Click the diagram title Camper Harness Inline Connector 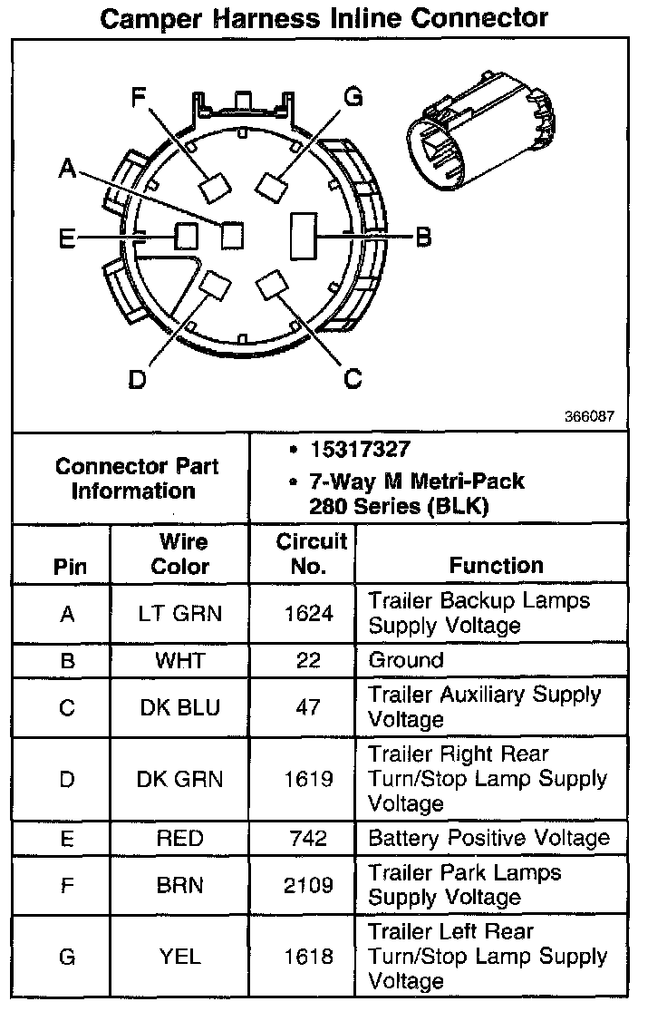[324, 17]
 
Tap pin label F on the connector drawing [138, 96]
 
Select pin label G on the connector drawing [353, 96]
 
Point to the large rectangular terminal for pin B [302, 238]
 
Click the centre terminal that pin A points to [233, 235]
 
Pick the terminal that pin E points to [187, 237]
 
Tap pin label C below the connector [353, 377]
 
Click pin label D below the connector [137, 379]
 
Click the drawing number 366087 [589, 418]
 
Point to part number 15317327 [360, 449]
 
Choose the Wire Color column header [179, 554]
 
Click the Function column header [496, 566]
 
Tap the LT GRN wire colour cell [179, 614]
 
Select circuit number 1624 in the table [308, 614]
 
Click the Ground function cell [406, 660]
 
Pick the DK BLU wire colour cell [179, 707]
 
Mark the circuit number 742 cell [308, 838]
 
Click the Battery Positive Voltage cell [488, 838]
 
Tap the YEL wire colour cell [179, 956]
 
